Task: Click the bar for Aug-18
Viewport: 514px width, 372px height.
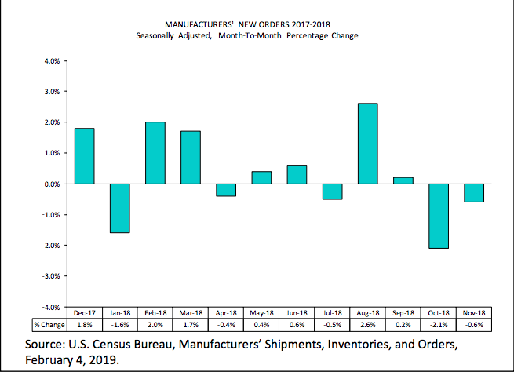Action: (368, 144)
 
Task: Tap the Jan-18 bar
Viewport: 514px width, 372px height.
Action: (120, 208)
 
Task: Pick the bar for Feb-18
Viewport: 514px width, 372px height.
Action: (155, 153)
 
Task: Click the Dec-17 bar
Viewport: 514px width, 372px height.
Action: (84, 156)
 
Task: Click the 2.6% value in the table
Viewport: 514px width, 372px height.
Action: (368, 324)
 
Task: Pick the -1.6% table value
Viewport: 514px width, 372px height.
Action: (120, 324)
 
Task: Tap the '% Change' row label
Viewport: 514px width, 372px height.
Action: (48, 324)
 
